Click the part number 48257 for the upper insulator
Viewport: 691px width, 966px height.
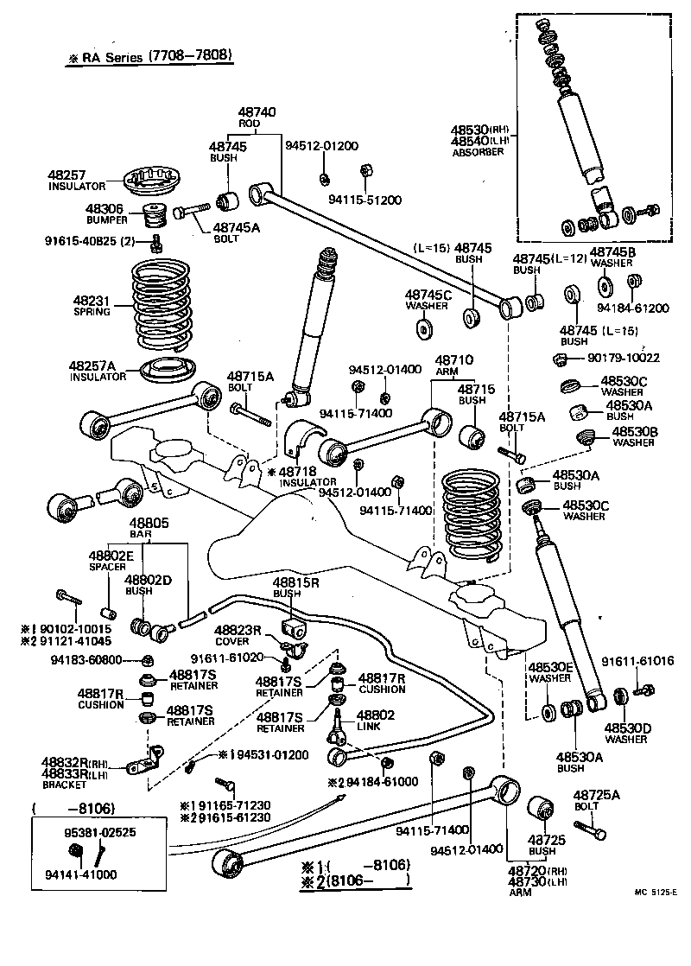[67, 175]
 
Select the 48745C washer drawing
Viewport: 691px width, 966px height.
[424, 329]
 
